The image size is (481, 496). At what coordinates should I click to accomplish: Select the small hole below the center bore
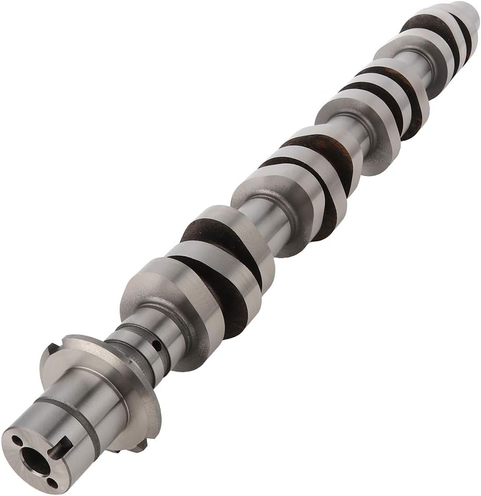coord(52,482)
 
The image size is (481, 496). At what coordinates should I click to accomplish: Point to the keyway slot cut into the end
coord(59,447)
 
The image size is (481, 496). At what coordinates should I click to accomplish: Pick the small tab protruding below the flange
coord(139,446)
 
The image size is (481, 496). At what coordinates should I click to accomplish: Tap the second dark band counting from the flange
coord(206,231)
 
